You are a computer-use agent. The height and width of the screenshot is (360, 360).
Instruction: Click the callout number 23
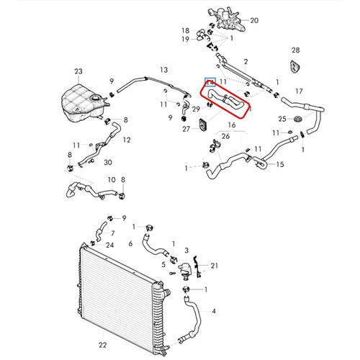(78, 71)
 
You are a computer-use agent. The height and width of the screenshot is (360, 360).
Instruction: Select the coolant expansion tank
(84, 103)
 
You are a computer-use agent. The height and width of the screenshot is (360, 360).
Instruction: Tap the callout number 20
(254, 21)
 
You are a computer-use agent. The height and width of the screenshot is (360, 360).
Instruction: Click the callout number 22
(102, 345)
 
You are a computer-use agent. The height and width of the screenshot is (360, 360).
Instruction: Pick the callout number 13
(164, 70)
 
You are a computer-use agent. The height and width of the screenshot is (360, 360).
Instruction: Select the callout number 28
(296, 50)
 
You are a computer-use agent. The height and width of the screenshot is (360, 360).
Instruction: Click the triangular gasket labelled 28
(295, 66)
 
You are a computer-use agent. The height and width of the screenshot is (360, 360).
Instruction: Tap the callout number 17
(299, 91)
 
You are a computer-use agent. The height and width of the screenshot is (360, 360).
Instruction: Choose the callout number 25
(282, 119)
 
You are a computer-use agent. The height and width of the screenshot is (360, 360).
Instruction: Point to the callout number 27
(186, 129)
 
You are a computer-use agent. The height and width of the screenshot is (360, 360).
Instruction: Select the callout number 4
(214, 311)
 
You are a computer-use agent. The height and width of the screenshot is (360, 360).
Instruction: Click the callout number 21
(215, 266)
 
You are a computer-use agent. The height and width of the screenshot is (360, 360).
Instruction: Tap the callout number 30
(108, 163)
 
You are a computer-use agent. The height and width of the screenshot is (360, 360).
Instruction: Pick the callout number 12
(127, 140)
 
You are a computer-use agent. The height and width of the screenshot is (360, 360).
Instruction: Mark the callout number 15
(280, 164)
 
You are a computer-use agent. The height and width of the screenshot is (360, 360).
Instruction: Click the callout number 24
(109, 245)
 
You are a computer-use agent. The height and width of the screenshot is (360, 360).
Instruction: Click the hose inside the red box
(225, 99)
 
